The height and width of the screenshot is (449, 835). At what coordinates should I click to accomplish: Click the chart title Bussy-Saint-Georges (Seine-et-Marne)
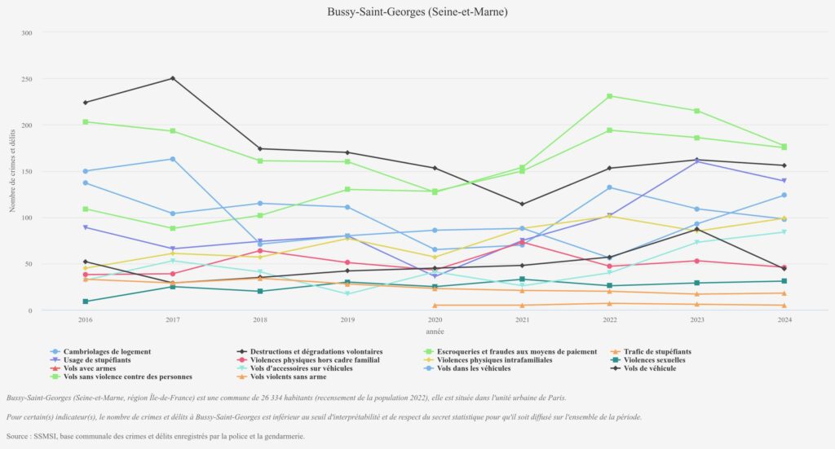click(417, 12)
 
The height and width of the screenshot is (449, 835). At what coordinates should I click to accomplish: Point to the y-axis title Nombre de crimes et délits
click(12, 171)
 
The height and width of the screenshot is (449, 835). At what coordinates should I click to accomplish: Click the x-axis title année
click(435, 332)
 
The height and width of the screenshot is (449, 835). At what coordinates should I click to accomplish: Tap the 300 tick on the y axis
click(27, 33)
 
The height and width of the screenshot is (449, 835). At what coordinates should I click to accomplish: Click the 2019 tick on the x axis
click(347, 320)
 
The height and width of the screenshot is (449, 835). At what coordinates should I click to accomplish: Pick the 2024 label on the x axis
click(784, 320)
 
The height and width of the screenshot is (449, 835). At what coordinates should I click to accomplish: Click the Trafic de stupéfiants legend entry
click(657, 351)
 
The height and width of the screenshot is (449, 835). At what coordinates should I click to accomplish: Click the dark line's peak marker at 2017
click(173, 78)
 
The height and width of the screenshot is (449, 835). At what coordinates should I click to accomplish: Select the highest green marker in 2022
click(609, 96)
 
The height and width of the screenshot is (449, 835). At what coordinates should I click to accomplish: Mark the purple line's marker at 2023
click(696, 161)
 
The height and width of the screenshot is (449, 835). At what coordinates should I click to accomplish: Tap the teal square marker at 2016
click(86, 302)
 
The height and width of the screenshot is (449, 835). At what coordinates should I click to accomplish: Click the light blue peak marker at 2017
click(173, 159)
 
